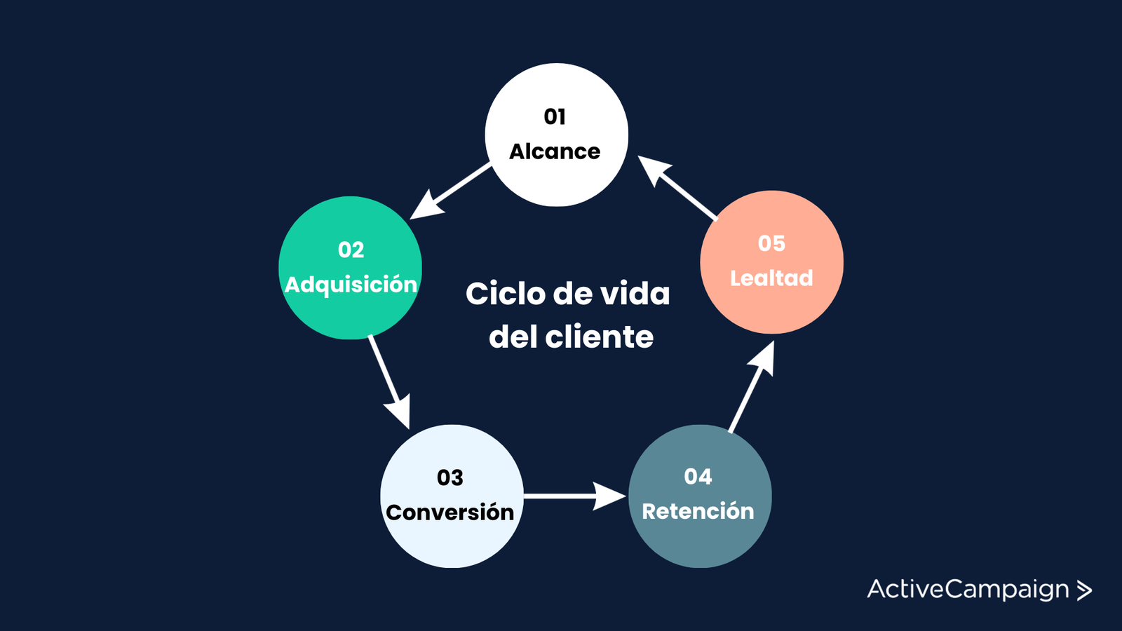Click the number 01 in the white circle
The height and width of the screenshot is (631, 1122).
[x=555, y=116]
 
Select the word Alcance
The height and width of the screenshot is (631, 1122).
[x=555, y=151]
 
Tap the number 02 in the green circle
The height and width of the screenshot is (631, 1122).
[x=351, y=250]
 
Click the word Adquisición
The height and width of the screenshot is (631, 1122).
[x=351, y=285]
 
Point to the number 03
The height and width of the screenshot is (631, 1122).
[x=450, y=477]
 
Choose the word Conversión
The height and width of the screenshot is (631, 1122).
[x=450, y=513]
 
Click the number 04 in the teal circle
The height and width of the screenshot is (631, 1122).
[x=698, y=477]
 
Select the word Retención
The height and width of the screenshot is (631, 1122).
[x=698, y=511]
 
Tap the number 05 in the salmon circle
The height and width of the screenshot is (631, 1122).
[x=771, y=243]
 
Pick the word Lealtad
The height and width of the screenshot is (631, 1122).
[x=771, y=278]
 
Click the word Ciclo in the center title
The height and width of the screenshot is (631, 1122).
[x=505, y=294]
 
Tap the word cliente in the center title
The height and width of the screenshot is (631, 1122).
[x=600, y=337]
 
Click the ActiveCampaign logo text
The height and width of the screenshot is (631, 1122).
[x=968, y=590]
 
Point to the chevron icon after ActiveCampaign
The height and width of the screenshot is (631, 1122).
[x=1084, y=590]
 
